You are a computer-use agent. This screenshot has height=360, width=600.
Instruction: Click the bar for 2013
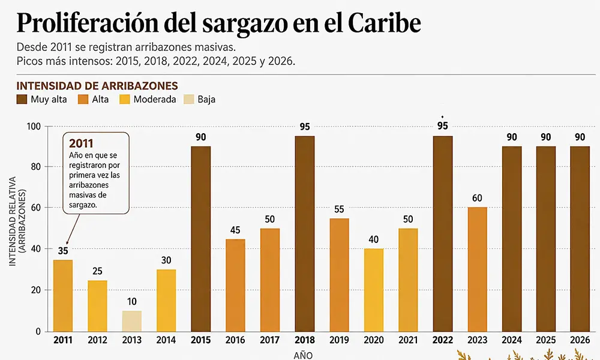pyautogui.click(x=131, y=321)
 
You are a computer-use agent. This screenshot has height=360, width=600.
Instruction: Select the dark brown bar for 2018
pyautogui.click(x=305, y=234)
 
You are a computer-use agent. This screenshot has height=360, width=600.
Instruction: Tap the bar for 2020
pyautogui.click(x=373, y=290)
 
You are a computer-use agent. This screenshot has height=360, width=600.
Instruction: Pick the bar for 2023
pyautogui.click(x=477, y=269)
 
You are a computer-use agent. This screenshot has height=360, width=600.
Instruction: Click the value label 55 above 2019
pyautogui.click(x=339, y=209)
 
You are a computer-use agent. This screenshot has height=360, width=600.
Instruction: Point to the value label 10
pyautogui.click(x=131, y=302)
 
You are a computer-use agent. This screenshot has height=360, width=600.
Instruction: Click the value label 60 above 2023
pyautogui.click(x=477, y=198)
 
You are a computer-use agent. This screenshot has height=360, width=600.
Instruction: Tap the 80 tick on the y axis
pyautogui.click(x=35, y=167)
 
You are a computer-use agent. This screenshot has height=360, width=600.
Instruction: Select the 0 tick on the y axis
pyautogui.click(x=38, y=332)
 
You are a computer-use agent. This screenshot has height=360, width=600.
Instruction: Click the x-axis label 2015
pyautogui.click(x=200, y=340)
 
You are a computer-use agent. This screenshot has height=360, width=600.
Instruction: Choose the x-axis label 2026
pyautogui.click(x=580, y=340)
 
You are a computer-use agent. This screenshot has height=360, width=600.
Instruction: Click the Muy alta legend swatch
pyautogui.click(x=22, y=100)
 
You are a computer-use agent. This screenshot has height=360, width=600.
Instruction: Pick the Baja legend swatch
pyautogui.click(x=188, y=100)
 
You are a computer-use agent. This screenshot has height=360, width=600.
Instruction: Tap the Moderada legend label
pyautogui.click(x=155, y=100)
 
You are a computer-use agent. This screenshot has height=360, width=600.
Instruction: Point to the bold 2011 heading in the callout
pyautogui.click(x=81, y=143)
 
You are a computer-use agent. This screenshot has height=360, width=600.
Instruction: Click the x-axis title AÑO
pyautogui.click(x=303, y=355)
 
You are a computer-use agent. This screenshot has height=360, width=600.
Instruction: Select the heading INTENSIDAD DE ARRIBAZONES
pyautogui.click(x=97, y=86)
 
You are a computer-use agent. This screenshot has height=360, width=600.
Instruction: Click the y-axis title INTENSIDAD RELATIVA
pyautogui.click(x=13, y=221)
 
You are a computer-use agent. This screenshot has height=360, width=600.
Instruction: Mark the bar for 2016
pyautogui.click(x=235, y=286)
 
